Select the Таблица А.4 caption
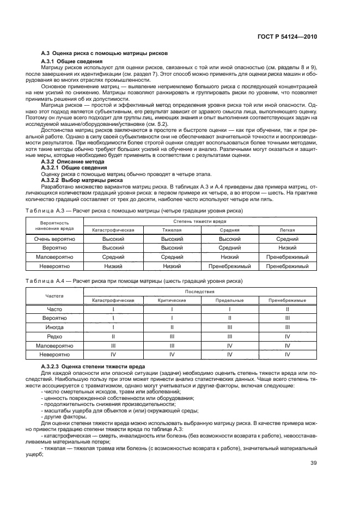(142, 281)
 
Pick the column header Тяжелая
(172, 230)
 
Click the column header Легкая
(287, 230)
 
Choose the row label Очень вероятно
(54, 239)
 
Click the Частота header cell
(54, 296)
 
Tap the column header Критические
(172, 300)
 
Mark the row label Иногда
(54, 327)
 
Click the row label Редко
(54, 337)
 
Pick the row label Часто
(54, 309)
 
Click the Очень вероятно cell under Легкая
(287, 239)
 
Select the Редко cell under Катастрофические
(113, 337)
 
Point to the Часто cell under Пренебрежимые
(287, 309)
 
